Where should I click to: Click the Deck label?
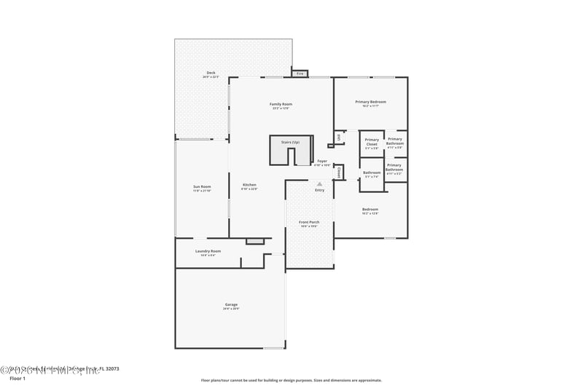tap(211, 73)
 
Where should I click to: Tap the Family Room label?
tap(281, 104)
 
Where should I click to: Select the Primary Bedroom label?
tap(370, 102)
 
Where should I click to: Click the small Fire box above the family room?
tap(300, 74)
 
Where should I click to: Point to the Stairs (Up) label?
tap(290, 142)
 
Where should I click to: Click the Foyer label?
tap(321, 161)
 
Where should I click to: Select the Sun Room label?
tap(202, 187)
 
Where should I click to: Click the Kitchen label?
tap(249, 185)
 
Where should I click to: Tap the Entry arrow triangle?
tap(319, 184)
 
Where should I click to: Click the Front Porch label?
tap(309, 222)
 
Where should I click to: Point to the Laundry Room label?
tap(208, 251)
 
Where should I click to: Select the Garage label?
tap(230, 304)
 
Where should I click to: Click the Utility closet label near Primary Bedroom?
tap(339, 136)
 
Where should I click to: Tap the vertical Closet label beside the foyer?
tap(339, 173)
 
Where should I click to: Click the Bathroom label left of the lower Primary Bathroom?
tap(372, 173)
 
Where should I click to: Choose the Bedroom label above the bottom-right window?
tap(370, 210)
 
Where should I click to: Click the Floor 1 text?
tap(17, 379)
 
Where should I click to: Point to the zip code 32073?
tap(111, 369)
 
